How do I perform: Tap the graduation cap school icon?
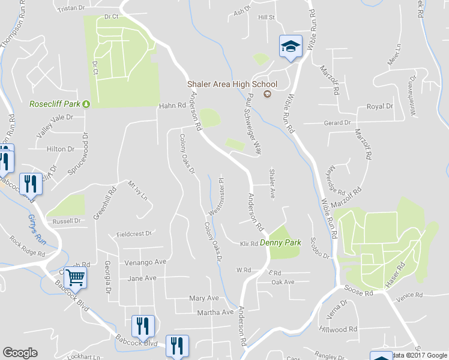click(x=289, y=46)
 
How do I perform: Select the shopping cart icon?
click(x=75, y=278)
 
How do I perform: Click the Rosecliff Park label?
click(x=55, y=104)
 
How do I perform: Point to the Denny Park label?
click(x=280, y=243)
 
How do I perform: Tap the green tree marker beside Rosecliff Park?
click(x=86, y=104)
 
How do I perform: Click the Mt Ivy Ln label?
click(x=137, y=190)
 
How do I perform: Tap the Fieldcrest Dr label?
click(x=135, y=233)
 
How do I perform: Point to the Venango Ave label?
click(x=145, y=262)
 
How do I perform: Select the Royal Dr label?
click(x=379, y=106)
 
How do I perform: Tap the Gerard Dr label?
click(x=337, y=123)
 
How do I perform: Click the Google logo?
click(x=20, y=353)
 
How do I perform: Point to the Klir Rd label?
click(x=249, y=244)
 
